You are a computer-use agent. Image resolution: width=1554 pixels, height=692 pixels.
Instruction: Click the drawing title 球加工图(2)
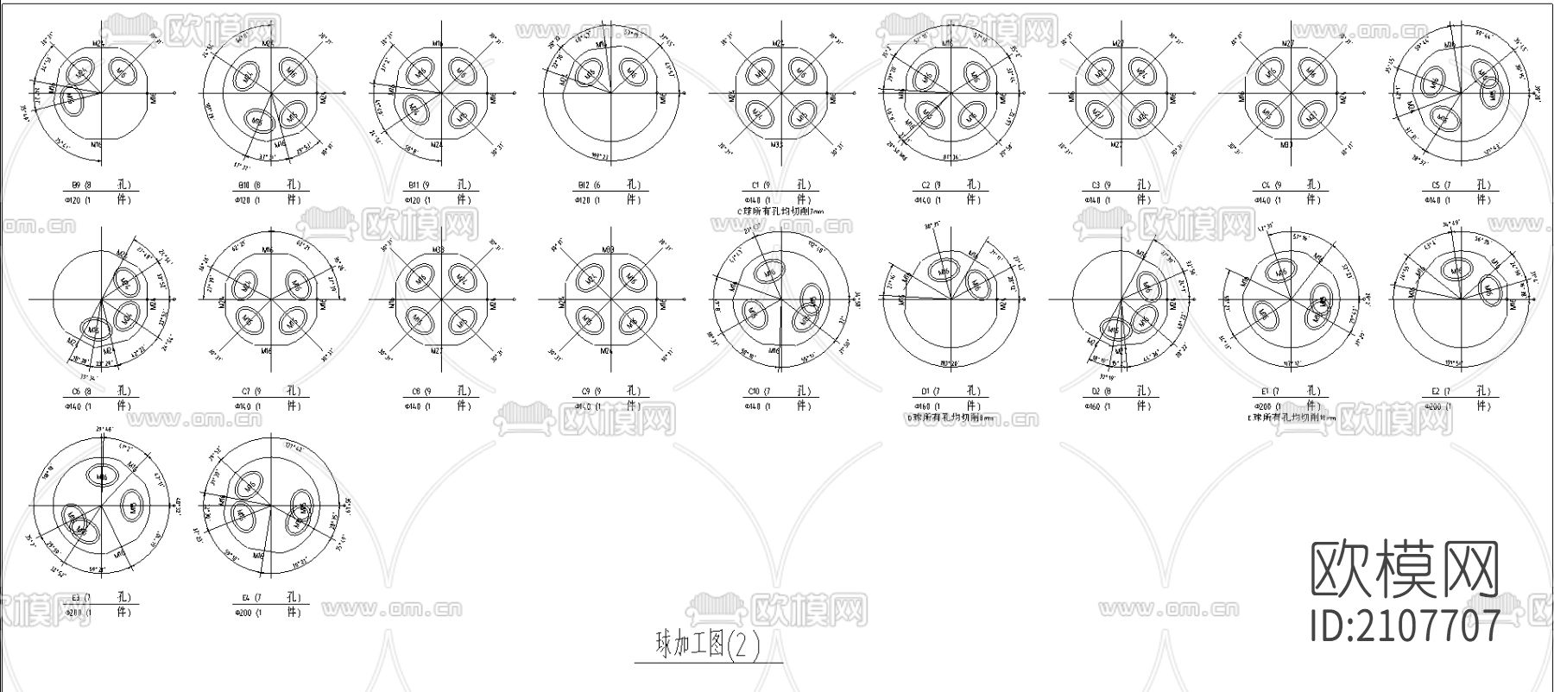pyautogui.click(x=708, y=645)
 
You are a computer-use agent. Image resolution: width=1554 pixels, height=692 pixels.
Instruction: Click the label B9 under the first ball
pyautogui.click(x=76, y=186)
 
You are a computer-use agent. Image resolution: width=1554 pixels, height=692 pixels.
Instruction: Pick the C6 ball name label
pyautogui.click(x=76, y=391)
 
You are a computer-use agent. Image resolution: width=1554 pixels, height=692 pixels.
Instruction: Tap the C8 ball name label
pyautogui.click(x=415, y=391)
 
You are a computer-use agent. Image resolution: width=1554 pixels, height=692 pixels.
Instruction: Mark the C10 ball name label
pyautogui.click(x=754, y=391)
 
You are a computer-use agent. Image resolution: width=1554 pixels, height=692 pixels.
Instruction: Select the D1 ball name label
pyautogui.click(x=923, y=391)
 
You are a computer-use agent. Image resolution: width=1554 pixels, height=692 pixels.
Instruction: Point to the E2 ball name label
pyautogui.click(x=1432, y=391)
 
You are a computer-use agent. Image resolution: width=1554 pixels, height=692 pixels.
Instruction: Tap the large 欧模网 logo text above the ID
pyautogui.click(x=1406, y=569)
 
